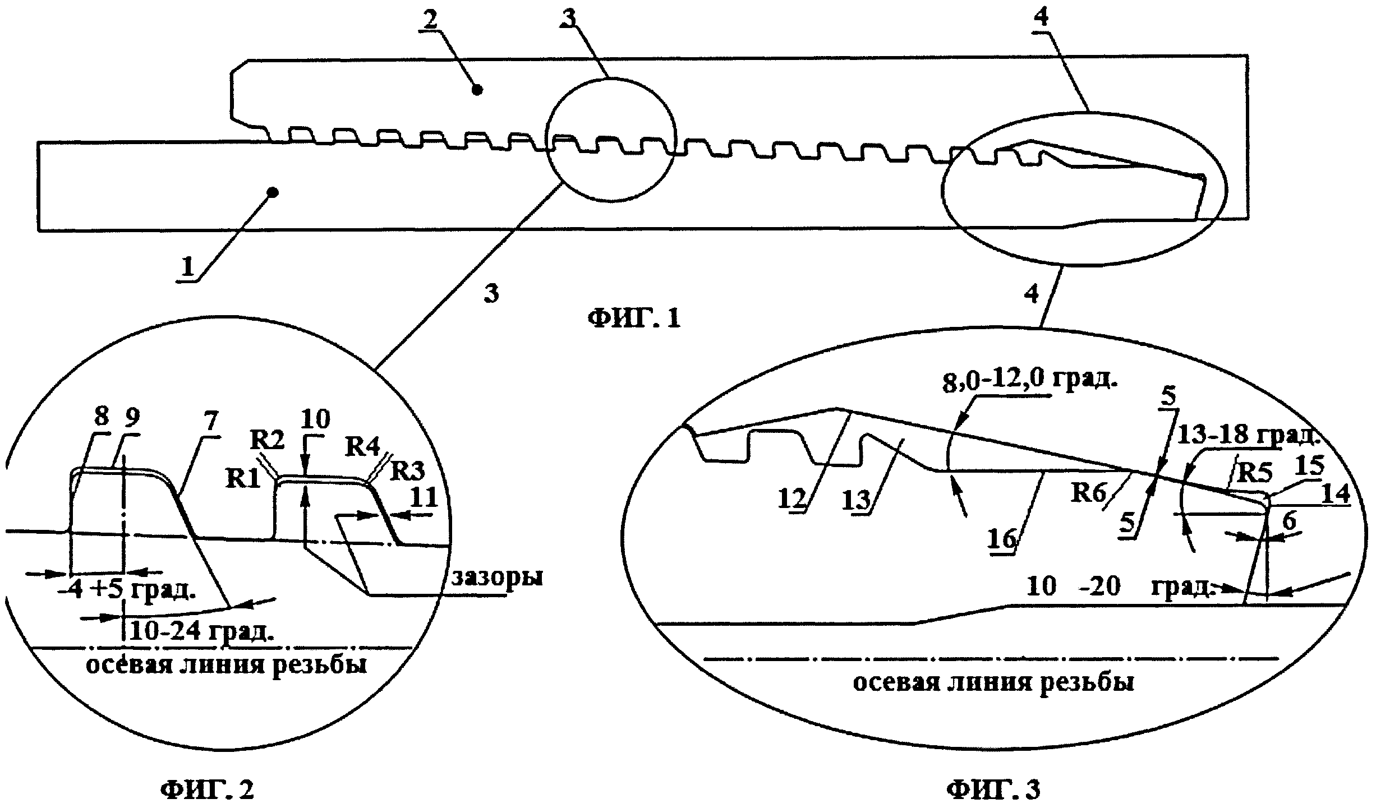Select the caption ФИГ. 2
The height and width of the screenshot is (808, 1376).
(x=207, y=789)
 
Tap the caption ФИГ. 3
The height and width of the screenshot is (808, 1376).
(x=993, y=789)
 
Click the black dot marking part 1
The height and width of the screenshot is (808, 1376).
(x=273, y=192)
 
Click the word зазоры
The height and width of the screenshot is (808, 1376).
(x=497, y=578)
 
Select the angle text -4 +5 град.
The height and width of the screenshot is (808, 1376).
(x=132, y=592)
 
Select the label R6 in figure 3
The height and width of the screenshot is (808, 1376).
(x=1088, y=493)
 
